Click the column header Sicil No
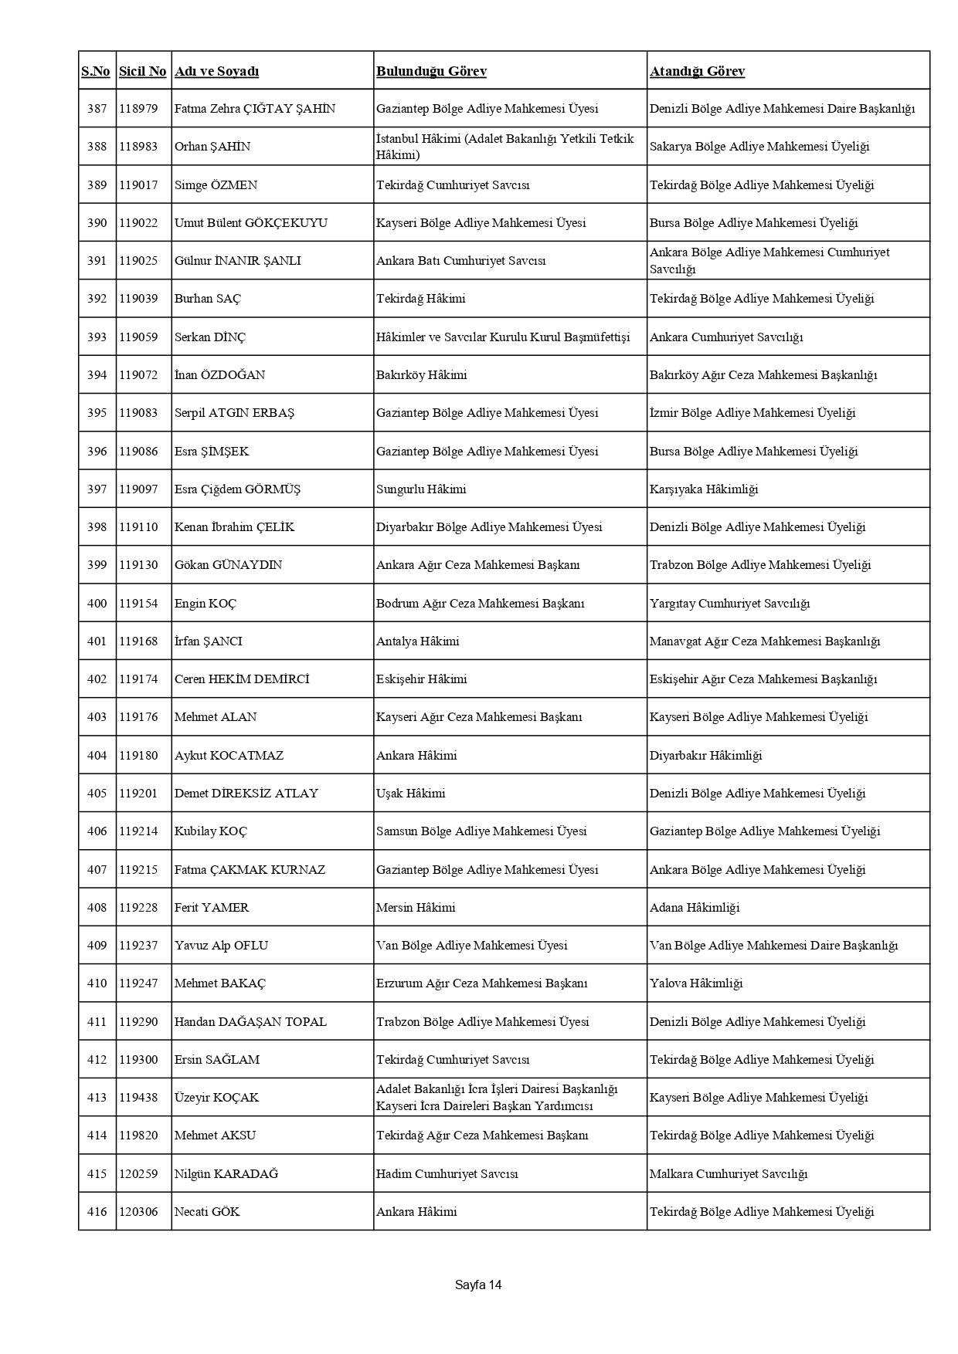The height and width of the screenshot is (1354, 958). (x=142, y=71)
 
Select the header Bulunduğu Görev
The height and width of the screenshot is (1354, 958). (x=431, y=71)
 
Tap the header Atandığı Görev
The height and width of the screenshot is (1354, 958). (x=697, y=71)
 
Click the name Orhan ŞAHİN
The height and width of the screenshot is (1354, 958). (x=212, y=147)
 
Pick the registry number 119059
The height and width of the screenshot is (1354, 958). (x=138, y=337)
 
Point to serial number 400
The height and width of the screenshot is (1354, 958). (x=97, y=603)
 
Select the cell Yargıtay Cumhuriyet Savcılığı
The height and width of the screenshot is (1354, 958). (x=729, y=603)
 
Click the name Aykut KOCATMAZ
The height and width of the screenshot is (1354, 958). (x=229, y=755)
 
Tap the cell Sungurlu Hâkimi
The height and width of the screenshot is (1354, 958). (x=421, y=489)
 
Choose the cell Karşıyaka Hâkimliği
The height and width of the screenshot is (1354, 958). (x=704, y=489)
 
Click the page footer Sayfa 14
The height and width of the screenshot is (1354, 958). (x=478, y=1285)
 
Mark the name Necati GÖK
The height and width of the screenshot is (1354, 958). (x=207, y=1211)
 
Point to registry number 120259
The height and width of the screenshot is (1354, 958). (x=138, y=1173)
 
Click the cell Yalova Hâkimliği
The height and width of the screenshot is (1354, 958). (x=695, y=983)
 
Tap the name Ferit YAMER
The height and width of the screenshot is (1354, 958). (x=212, y=907)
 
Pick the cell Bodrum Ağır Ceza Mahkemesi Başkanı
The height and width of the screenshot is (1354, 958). (x=480, y=603)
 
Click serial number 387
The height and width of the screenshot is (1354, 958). (x=97, y=109)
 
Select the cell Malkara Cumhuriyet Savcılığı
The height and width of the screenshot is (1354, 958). (x=728, y=1173)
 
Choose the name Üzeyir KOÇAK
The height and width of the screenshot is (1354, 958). (x=216, y=1097)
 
